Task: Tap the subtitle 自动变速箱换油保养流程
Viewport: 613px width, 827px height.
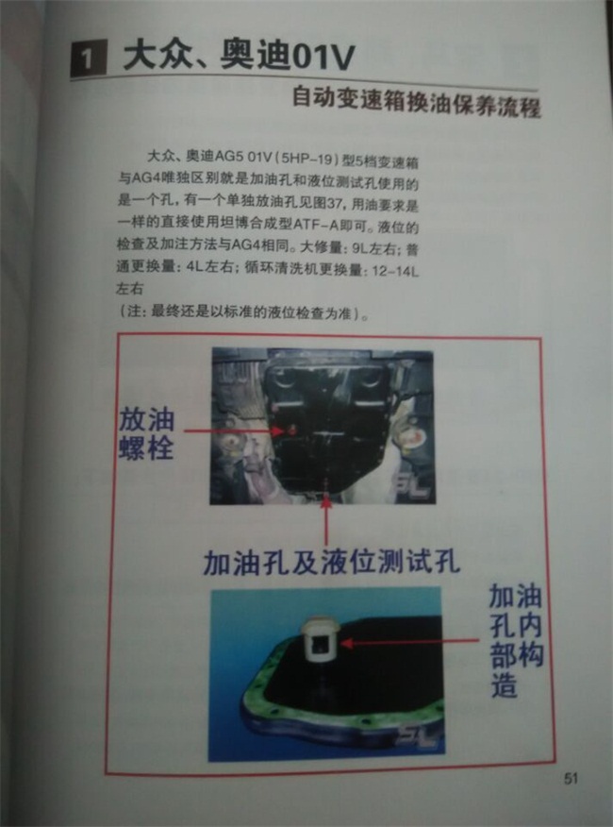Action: [415, 101]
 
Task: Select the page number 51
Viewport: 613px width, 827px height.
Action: [571, 778]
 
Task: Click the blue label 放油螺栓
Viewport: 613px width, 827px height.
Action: [147, 432]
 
